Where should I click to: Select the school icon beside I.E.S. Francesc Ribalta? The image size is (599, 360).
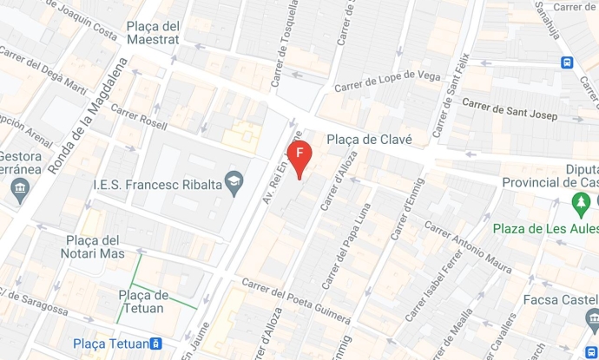(x=234, y=184)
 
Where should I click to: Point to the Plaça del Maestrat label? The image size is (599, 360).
(x=153, y=32)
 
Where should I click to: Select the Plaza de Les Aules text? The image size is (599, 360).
(x=545, y=229)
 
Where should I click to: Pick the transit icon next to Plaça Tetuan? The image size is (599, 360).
(x=155, y=344)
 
